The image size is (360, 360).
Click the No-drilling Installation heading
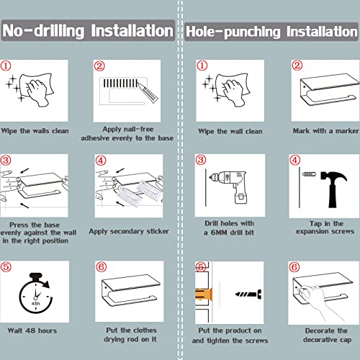[x=88, y=31]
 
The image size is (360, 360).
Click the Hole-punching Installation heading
[x=271, y=32]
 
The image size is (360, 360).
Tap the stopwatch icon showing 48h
[x=36, y=293]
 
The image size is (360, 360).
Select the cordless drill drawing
[x=230, y=186]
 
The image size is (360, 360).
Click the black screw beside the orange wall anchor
[x=248, y=294]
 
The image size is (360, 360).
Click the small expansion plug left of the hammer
[x=309, y=174]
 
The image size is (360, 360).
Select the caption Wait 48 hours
[x=32, y=330]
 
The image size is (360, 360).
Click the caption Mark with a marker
[x=325, y=131]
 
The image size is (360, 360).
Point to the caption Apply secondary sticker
[x=129, y=231]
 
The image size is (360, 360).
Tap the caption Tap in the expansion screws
[x=325, y=228]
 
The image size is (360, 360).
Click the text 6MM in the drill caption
[x=219, y=233]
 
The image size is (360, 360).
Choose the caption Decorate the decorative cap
[x=327, y=336]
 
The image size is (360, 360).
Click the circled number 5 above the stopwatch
[x=6, y=266]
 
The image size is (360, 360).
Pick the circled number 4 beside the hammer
[x=295, y=160]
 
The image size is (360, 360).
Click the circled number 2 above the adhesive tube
[x=99, y=66]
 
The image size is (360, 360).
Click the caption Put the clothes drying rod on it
[x=131, y=335]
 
